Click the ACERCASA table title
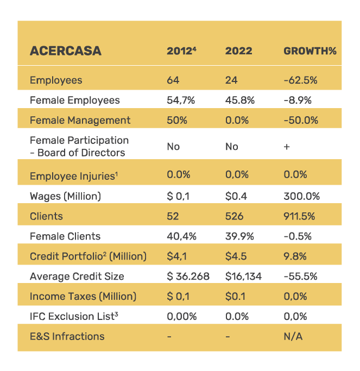click(x=65, y=52)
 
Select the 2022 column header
click(x=238, y=52)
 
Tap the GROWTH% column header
click(x=310, y=52)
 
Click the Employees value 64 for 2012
click(x=173, y=80)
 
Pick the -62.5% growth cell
click(x=300, y=80)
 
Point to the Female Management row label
click(x=80, y=120)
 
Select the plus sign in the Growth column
click(x=287, y=147)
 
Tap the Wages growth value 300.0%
click(x=301, y=196)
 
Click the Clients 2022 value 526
click(x=234, y=216)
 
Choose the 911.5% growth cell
click(x=300, y=216)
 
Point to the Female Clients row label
click(x=65, y=236)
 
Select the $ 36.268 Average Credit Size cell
click(x=188, y=276)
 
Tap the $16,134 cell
click(x=243, y=276)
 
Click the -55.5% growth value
click(x=300, y=276)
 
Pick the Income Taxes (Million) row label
click(x=83, y=296)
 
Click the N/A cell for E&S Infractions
click(x=293, y=336)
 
